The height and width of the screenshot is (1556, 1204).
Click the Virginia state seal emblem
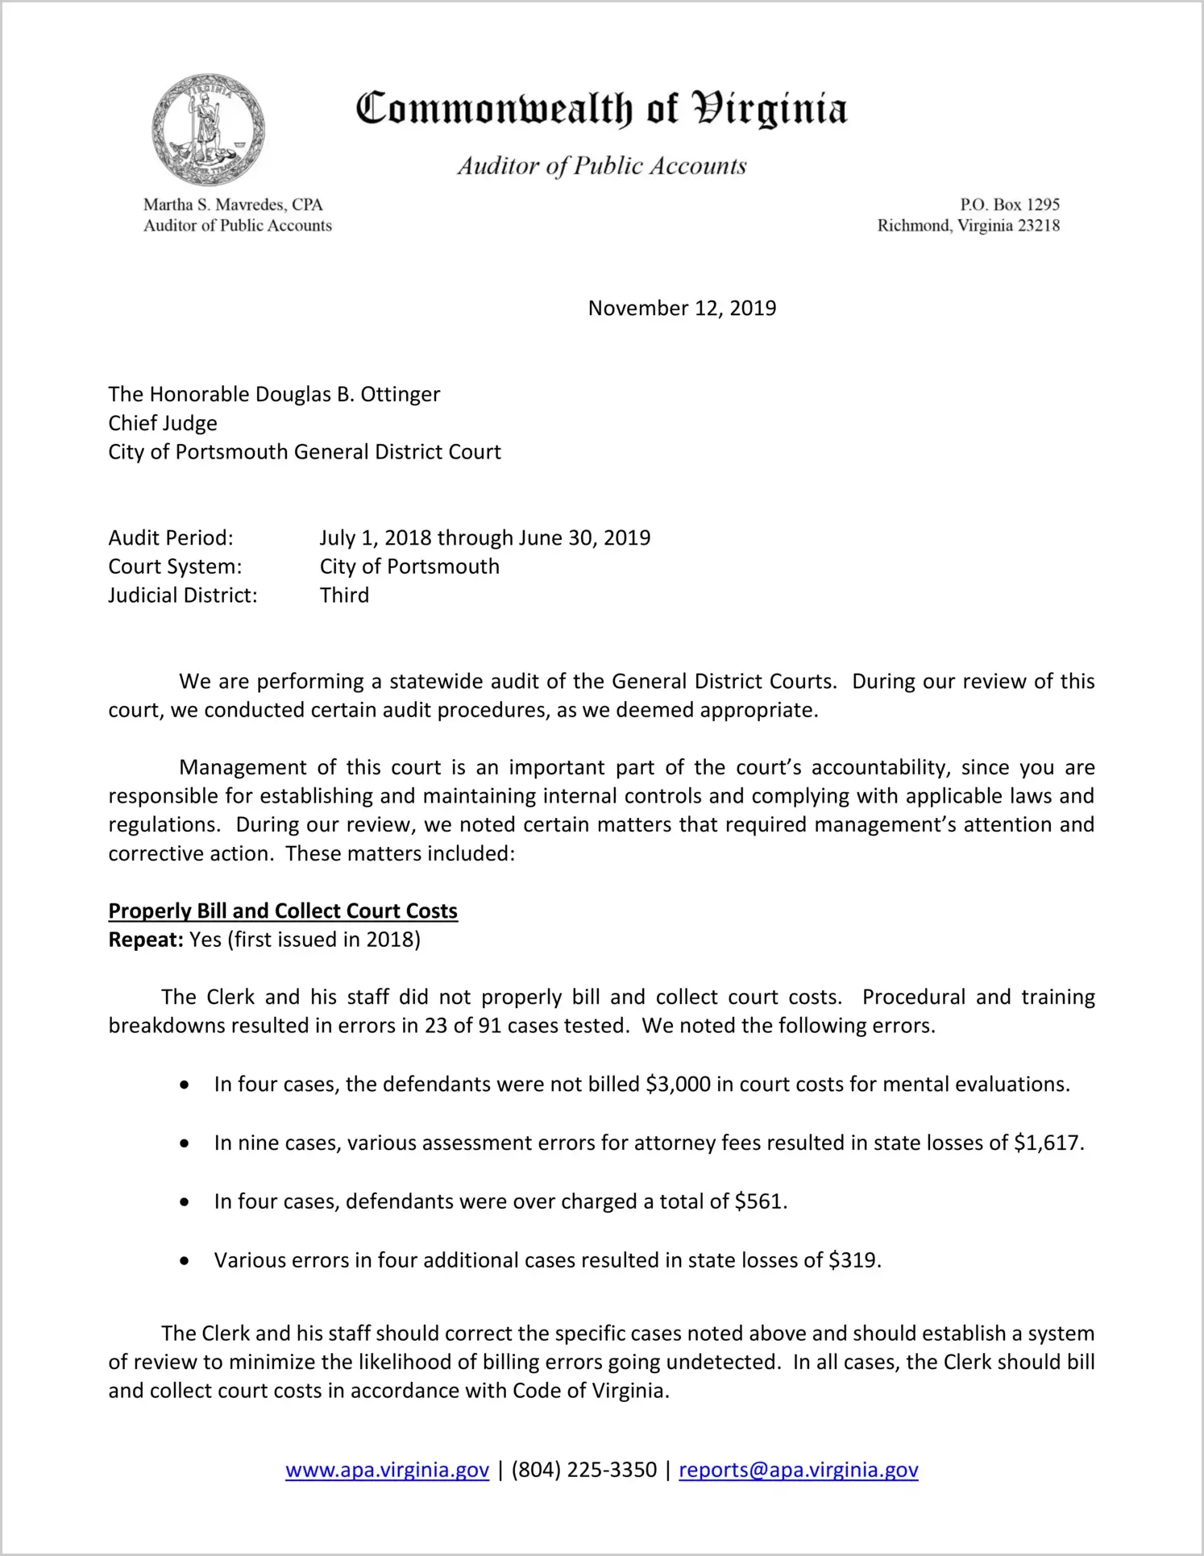pyautogui.click(x=208, y=130)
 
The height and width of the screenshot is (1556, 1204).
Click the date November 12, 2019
pyautogui.click(x=682, y=309)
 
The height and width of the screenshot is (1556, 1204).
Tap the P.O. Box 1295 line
pyautogui.click(x=1009, y=205)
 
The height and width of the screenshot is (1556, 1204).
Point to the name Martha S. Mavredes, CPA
pyautogui.click(x=233, y=205)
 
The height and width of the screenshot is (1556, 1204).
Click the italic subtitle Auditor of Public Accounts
pyautogui.click(x=601, y=166)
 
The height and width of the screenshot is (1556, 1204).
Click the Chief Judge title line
pyautogui.click(x=163, y=424)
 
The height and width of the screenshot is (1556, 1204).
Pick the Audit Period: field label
pyautogui.click(x=171, y=538)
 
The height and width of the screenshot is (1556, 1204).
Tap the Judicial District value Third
pyautogui.click(x=344, y=595)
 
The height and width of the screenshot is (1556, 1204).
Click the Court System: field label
pyautogui.click(x=175, y=567)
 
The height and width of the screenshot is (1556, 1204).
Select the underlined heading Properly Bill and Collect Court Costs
pyautogui.click(x=283, y=911)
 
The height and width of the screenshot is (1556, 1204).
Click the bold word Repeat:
pyautogui.click(x=146, y=940)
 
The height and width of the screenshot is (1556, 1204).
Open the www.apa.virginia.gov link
pyautogui.click(x=387, y=1471)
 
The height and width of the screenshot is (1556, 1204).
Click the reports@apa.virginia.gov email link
pyautogui.click(x=798, y=1471)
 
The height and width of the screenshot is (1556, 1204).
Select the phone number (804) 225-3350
pyautogui.click(x=583, y=1471)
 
